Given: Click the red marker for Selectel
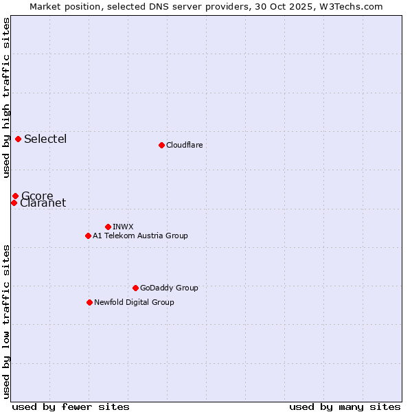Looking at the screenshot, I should coord(19,139).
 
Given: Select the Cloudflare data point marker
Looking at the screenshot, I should coord(161,145).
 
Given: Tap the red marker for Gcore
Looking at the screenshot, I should coord(15,196).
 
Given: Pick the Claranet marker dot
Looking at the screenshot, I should coord(14,203).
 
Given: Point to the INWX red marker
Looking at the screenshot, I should coord(108,227).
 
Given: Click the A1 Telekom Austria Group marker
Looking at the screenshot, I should coord(88,236).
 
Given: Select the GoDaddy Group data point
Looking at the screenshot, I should coord(135,288).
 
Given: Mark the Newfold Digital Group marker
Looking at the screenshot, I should coord(89,302).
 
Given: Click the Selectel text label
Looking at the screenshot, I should coord(45,139).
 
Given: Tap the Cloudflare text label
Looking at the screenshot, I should coord(184,145).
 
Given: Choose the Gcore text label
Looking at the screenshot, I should coord(37,196).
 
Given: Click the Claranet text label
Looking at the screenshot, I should coord(43,203).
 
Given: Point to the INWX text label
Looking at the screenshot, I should coord(123,227).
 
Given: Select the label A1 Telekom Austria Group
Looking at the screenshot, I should coord(140,236).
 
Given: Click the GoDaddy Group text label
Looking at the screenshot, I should coord(169,288).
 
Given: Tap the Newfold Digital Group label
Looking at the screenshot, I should coord(134,302).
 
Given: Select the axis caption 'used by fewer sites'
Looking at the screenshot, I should coord(71,407).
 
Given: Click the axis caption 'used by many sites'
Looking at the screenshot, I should coord(345,407).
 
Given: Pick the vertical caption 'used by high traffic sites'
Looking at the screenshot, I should coord(7,98).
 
